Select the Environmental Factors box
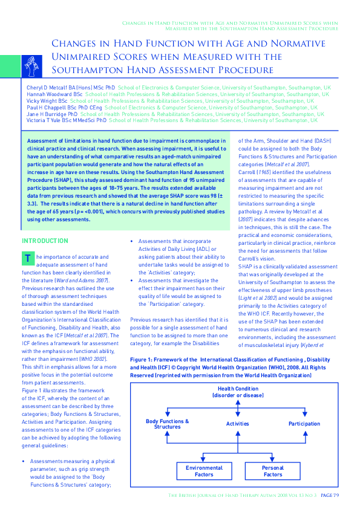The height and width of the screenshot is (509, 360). coord(204,471)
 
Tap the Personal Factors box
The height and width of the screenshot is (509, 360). coord(273,471)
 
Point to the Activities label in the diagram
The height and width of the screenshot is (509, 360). coord(238,424)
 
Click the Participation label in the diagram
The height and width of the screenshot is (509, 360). coord(304,424)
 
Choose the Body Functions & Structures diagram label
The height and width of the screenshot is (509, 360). coord(168,424)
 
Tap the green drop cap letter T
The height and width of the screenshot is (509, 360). coord(28,258)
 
